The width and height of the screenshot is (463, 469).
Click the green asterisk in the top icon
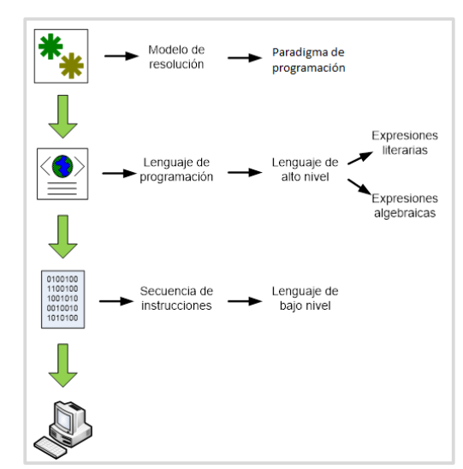50,46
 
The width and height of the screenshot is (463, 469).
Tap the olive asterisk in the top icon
72,66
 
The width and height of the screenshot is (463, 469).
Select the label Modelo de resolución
176,56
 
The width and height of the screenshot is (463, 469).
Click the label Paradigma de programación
309,60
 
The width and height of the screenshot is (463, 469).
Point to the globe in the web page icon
62,166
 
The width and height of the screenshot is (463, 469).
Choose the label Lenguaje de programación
176,169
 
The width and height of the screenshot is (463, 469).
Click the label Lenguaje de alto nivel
305,169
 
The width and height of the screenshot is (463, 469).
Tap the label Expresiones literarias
405,143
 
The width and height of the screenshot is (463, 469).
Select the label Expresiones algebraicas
405,205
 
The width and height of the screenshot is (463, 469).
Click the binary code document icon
62,300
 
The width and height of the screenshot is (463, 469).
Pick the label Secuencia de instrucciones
176,298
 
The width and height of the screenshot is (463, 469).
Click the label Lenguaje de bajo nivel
305,298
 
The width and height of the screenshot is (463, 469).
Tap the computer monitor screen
64,419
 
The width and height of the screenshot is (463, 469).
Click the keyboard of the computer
50,447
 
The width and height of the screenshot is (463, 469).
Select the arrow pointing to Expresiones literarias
360,158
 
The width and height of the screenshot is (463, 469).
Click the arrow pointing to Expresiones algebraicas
359,187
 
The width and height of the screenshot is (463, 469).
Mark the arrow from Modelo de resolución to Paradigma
245,57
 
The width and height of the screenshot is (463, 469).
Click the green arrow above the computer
62,365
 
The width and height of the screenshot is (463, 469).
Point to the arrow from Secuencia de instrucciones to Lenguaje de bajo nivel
245,301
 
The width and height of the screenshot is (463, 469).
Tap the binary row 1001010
62,299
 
